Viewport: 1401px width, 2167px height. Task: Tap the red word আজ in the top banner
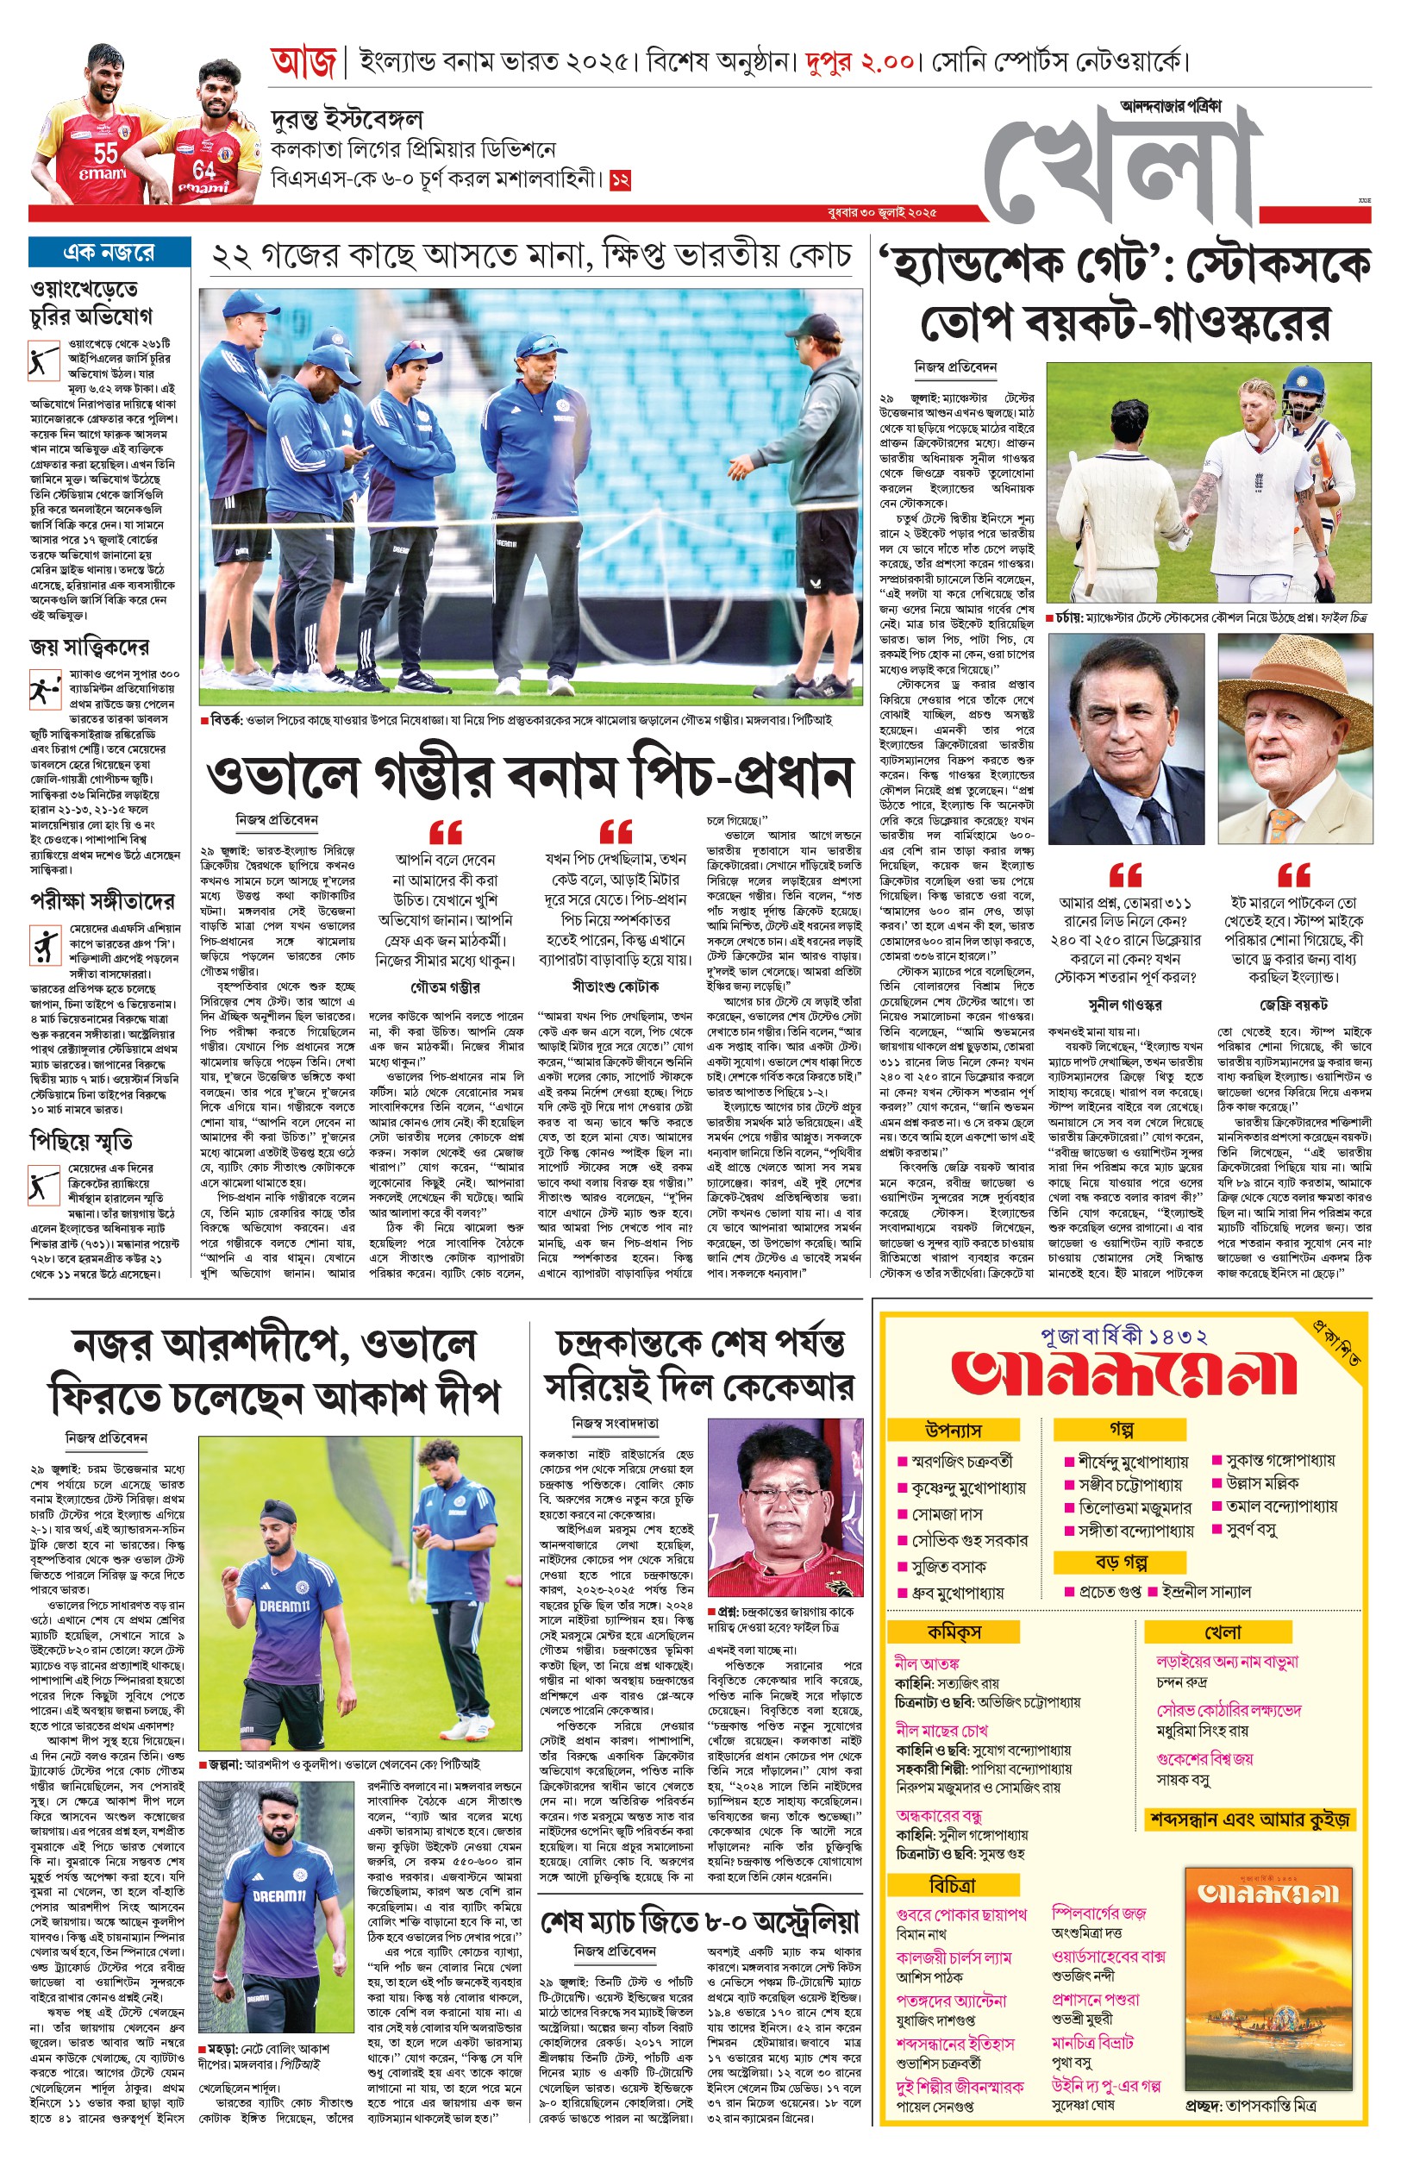(303, 63)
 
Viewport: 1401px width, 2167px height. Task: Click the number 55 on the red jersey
(105, 153)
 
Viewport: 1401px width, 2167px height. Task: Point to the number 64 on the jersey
(203, 169)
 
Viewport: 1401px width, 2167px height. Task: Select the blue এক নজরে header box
(109, 252)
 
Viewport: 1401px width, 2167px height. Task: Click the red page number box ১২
(621, 179)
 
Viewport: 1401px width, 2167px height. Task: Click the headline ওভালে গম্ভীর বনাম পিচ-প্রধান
(529, 776)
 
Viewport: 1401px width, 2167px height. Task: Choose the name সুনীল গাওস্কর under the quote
(1124, 1005)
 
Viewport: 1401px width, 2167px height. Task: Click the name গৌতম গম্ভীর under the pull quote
(446, 987)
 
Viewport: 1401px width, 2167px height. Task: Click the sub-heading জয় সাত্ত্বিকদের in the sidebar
(89, 647)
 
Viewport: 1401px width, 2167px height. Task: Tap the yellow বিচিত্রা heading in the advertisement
(953, 1884)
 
